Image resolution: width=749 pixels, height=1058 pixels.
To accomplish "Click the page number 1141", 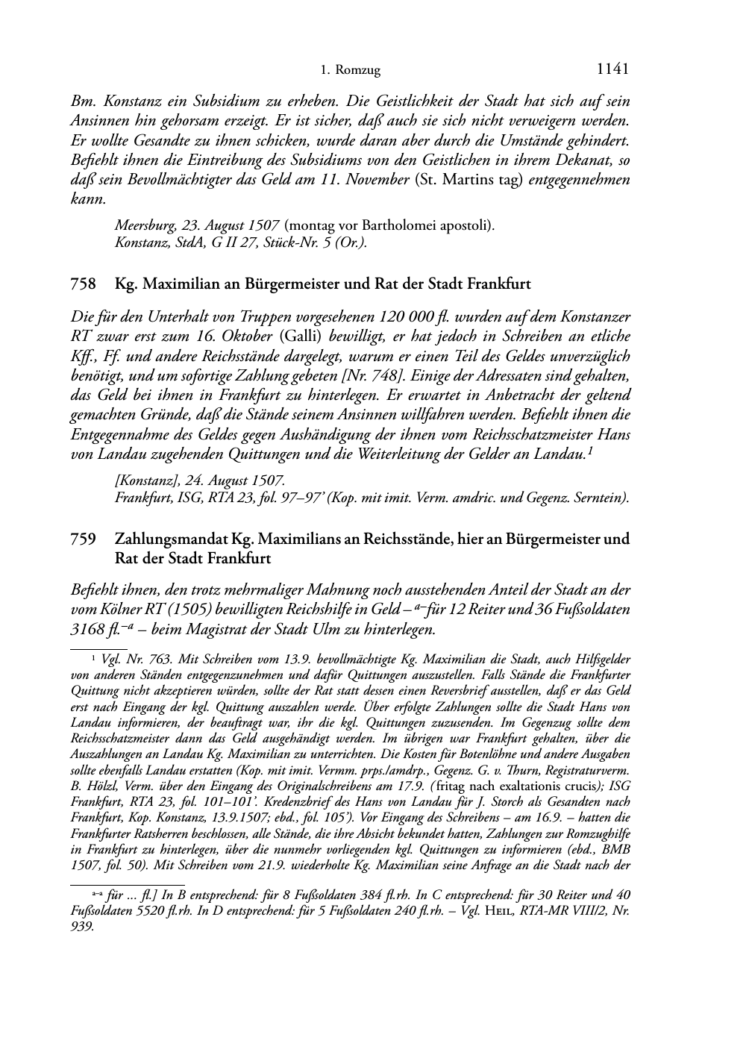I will pos(613,69).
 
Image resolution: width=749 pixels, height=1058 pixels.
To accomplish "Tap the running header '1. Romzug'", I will pos(350,71).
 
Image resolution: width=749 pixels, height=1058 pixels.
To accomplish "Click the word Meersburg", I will pos(141,224).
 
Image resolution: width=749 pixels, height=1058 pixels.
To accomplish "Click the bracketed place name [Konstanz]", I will pos(141,479).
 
